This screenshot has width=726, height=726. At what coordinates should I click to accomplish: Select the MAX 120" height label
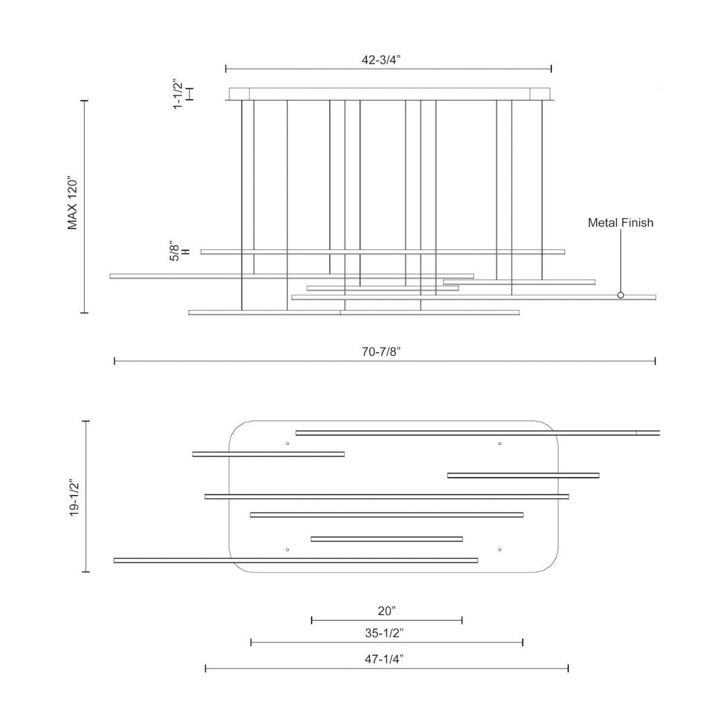pos(73,204)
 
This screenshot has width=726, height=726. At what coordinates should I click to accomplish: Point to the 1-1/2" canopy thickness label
pos(177,94)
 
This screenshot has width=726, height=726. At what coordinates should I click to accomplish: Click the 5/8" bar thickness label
pos(175,252)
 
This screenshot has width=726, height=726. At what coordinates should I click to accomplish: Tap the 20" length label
pos(387,610)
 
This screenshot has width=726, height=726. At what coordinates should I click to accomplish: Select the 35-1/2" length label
pos(386,633)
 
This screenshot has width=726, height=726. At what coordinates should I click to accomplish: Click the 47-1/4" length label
pos(386,659)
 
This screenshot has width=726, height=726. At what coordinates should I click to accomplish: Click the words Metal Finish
pos(620,223)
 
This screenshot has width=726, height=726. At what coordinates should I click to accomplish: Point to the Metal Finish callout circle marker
pos(620,295)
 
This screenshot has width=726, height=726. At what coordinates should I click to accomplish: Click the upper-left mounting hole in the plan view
pos(287,443)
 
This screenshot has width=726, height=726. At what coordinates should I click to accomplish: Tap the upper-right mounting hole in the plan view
pos(500,443)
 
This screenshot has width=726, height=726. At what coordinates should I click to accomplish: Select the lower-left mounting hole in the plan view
pos(287,550)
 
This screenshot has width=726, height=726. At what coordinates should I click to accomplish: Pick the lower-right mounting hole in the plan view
pos(500,550)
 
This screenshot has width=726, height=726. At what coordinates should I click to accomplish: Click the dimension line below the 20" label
pos(387,620)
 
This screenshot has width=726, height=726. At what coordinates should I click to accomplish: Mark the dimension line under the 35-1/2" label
pos(387,642)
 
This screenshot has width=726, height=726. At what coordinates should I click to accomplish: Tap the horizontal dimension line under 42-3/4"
pos(388,69)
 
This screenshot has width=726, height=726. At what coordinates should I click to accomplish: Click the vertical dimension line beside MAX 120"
pos(84,206)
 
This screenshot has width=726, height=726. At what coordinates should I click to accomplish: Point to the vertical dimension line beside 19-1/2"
pos(86,496)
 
